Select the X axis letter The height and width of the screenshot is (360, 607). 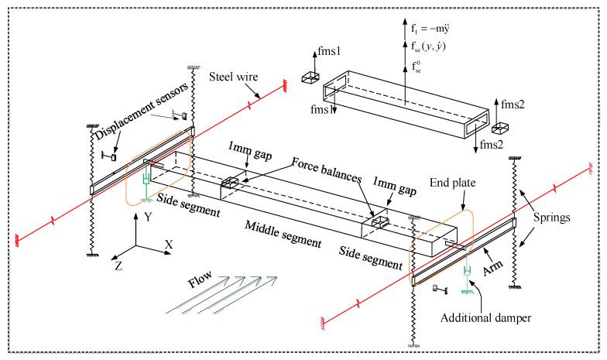[x=168, y=243]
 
